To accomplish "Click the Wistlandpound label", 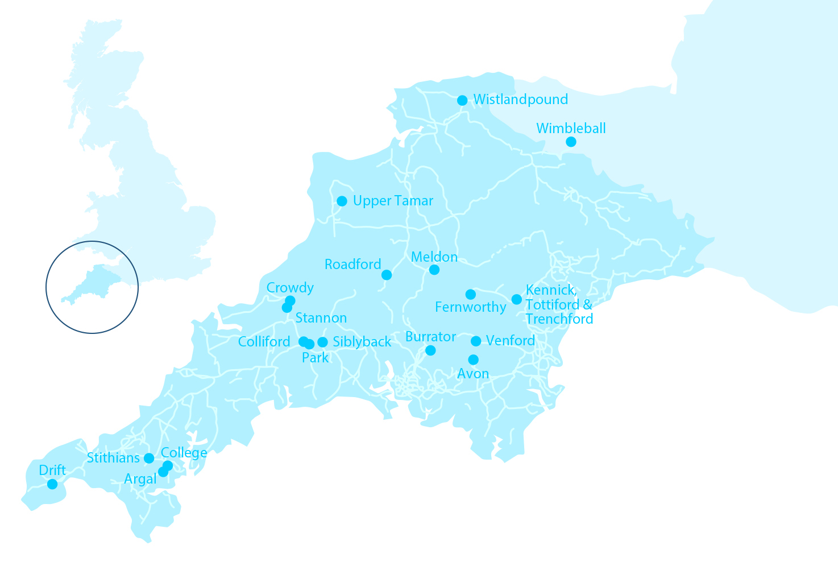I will [x=520, y=100].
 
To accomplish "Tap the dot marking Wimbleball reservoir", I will [x=571, y=142].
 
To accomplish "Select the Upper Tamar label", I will [x=393, y=201].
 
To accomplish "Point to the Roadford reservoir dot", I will [x=387, y=275].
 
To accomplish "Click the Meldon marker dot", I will [x=434, y=270].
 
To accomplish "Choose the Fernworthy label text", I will [x=470, y=307].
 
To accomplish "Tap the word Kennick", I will [x=550, y=290].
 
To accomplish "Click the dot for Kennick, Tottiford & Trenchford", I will [x=516, y=299].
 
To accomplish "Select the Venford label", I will [x=510, y=341].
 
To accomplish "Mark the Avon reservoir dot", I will [x=473, y=360].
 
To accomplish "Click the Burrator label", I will [x=430, y=337].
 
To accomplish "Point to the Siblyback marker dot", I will [x=322, y=342].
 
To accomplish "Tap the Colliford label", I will [x=264, y=342].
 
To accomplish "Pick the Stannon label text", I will [x=321, y=318].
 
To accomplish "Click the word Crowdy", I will [x=290, y=288].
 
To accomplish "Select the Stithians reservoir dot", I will [x=149, y=458].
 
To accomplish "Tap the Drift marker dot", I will [x=52, y=484].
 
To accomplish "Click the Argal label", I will [x=140, y=479].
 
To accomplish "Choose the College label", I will [x=184, y=453].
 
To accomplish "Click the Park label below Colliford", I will [x=315, y=358].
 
